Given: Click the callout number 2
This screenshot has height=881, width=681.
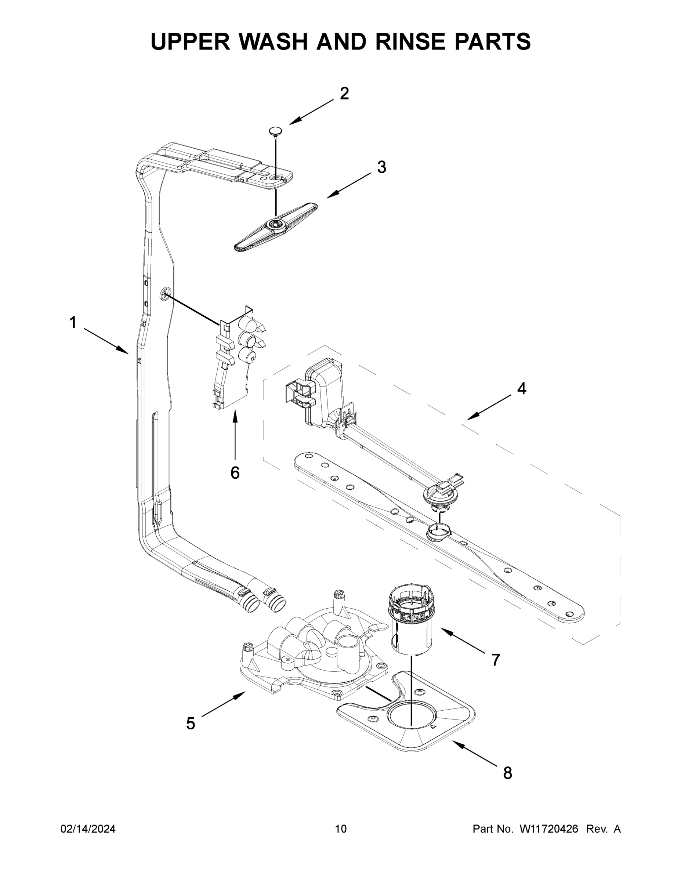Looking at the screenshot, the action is click(344, 94).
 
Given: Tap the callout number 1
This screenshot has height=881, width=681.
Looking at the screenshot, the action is click(73, 323).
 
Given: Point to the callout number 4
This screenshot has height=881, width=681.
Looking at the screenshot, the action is click(522, 388).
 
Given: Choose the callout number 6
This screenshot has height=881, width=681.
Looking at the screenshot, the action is click(235, 472).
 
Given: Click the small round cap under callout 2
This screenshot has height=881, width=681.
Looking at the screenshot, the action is click(275, 131).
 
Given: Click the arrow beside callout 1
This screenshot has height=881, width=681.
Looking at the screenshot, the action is click(106, 341).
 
